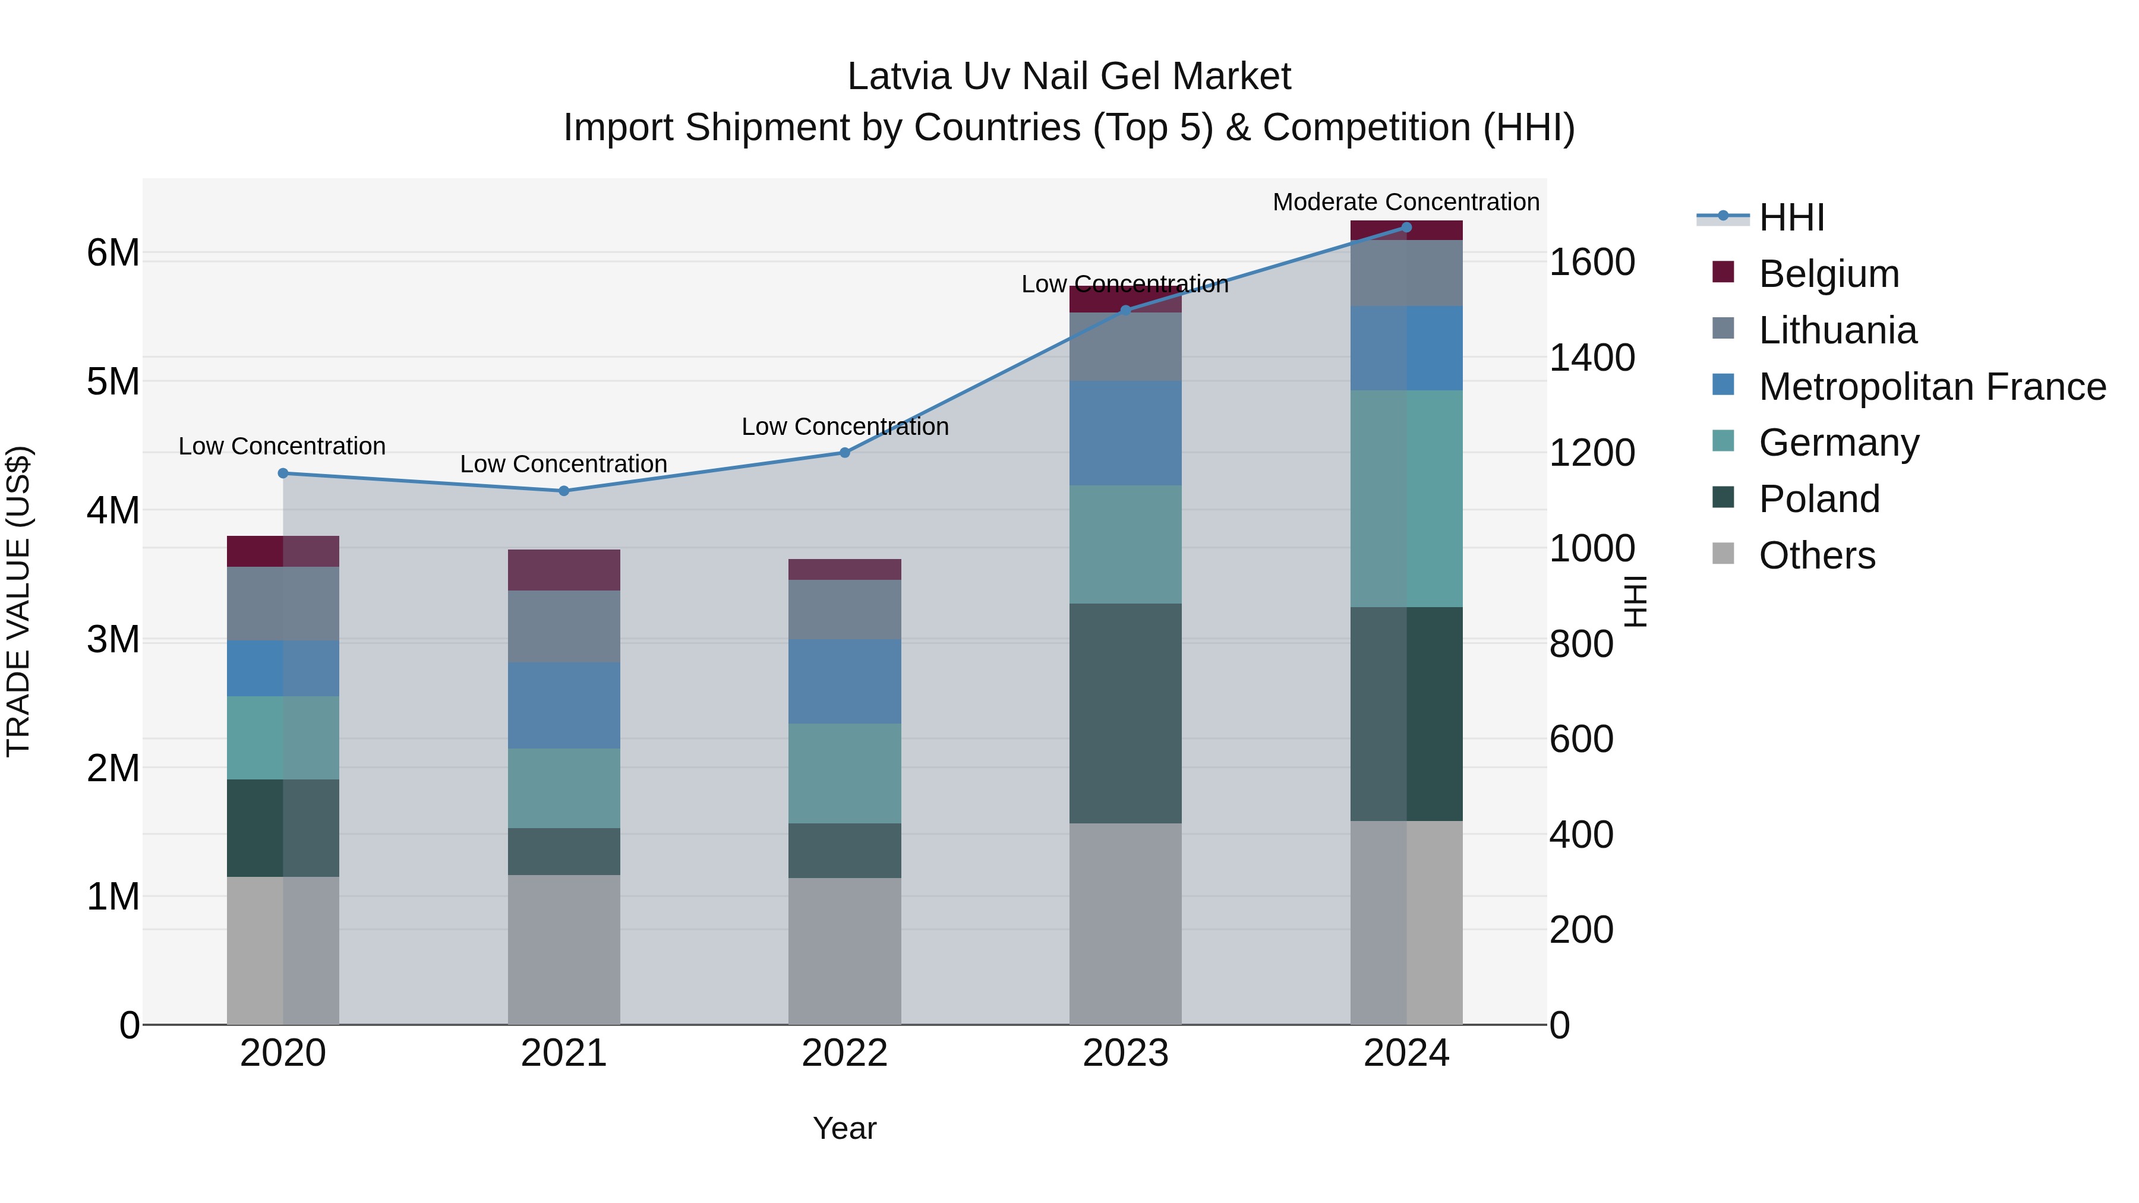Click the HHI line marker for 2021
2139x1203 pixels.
pyautogui.click(x=564, y=491)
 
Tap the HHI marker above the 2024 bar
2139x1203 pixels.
pyautogui.click(x=1406, y=228)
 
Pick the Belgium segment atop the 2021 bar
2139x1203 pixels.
pyautogui.click(x=564, y=570)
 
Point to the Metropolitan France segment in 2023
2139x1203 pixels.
pyautogui.click(x=1125, y=434)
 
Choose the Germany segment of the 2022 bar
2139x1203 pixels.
pyautogui.click(x=844, y=773)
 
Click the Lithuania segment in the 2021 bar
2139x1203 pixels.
pyautogui.click(x=564, y=626)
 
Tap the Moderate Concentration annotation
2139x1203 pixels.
pyautogui.click(x=1406, y=202)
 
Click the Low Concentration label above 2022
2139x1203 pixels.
pyautogui.click(x=844, y=427)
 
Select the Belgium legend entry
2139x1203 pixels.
pyautogui.click(x=1828, y=274)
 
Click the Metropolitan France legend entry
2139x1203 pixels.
pyautogui.click(x=1932, y=387)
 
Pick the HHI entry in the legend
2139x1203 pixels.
pyautogui.click(x=1791, y=217)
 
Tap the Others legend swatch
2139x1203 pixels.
pyautogui.click(x=1723, y=554)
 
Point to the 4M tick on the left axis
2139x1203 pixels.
pyautogui.click(x=113, y=510)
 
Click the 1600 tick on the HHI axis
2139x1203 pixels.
pyautogui.click(x=1592, y=263)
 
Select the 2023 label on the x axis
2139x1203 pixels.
pyautogui.click(x=1125, y=1053)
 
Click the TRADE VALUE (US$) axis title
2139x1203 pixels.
pyautogui.click(x=18, y=601)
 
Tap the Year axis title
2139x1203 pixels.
pyautogui.click(x=844, y=1128)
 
